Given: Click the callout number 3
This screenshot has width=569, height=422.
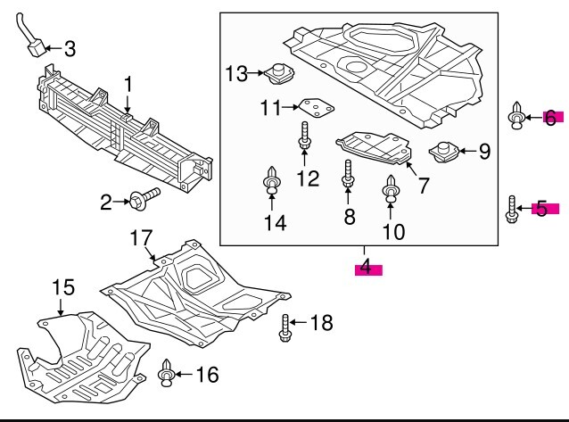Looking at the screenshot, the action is pos(70,49).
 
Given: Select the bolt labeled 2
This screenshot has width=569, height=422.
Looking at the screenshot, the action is pos(144,198).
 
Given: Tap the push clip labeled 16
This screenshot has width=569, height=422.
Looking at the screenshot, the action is pos(166,373).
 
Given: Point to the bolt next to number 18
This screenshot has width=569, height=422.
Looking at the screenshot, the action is pos(284,328).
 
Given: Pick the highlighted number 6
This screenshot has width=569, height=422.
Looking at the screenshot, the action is pos(550,118).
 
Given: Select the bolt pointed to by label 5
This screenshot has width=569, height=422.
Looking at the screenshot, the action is pos(512,209).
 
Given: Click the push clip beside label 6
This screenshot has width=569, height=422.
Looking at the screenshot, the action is pos(516,115).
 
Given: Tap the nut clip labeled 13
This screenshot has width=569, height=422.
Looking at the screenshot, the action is pos(278,74).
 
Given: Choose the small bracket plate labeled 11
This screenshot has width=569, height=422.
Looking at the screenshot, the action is pos(317,108).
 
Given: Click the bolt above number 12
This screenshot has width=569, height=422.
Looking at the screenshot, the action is pos(304,135).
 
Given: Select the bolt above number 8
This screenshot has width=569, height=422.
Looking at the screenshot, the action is pos(348,174).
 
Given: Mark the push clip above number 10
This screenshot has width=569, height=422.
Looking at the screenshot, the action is pos(391,188).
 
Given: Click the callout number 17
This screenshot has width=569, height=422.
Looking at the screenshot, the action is pos(142,238).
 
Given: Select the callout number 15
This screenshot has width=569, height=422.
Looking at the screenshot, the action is pos(63,287).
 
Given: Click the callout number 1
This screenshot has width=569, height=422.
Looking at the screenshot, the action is pos(128,85).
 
